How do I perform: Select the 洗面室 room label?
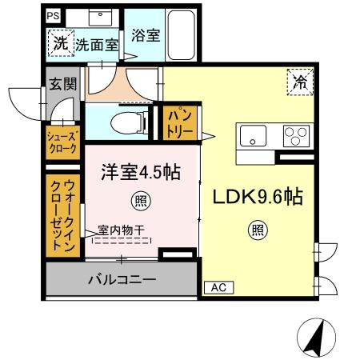97,46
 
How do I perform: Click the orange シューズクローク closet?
62,142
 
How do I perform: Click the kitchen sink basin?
252,136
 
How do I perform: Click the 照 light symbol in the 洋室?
141,200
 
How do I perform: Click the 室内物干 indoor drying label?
121,230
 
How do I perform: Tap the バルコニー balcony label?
121,280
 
